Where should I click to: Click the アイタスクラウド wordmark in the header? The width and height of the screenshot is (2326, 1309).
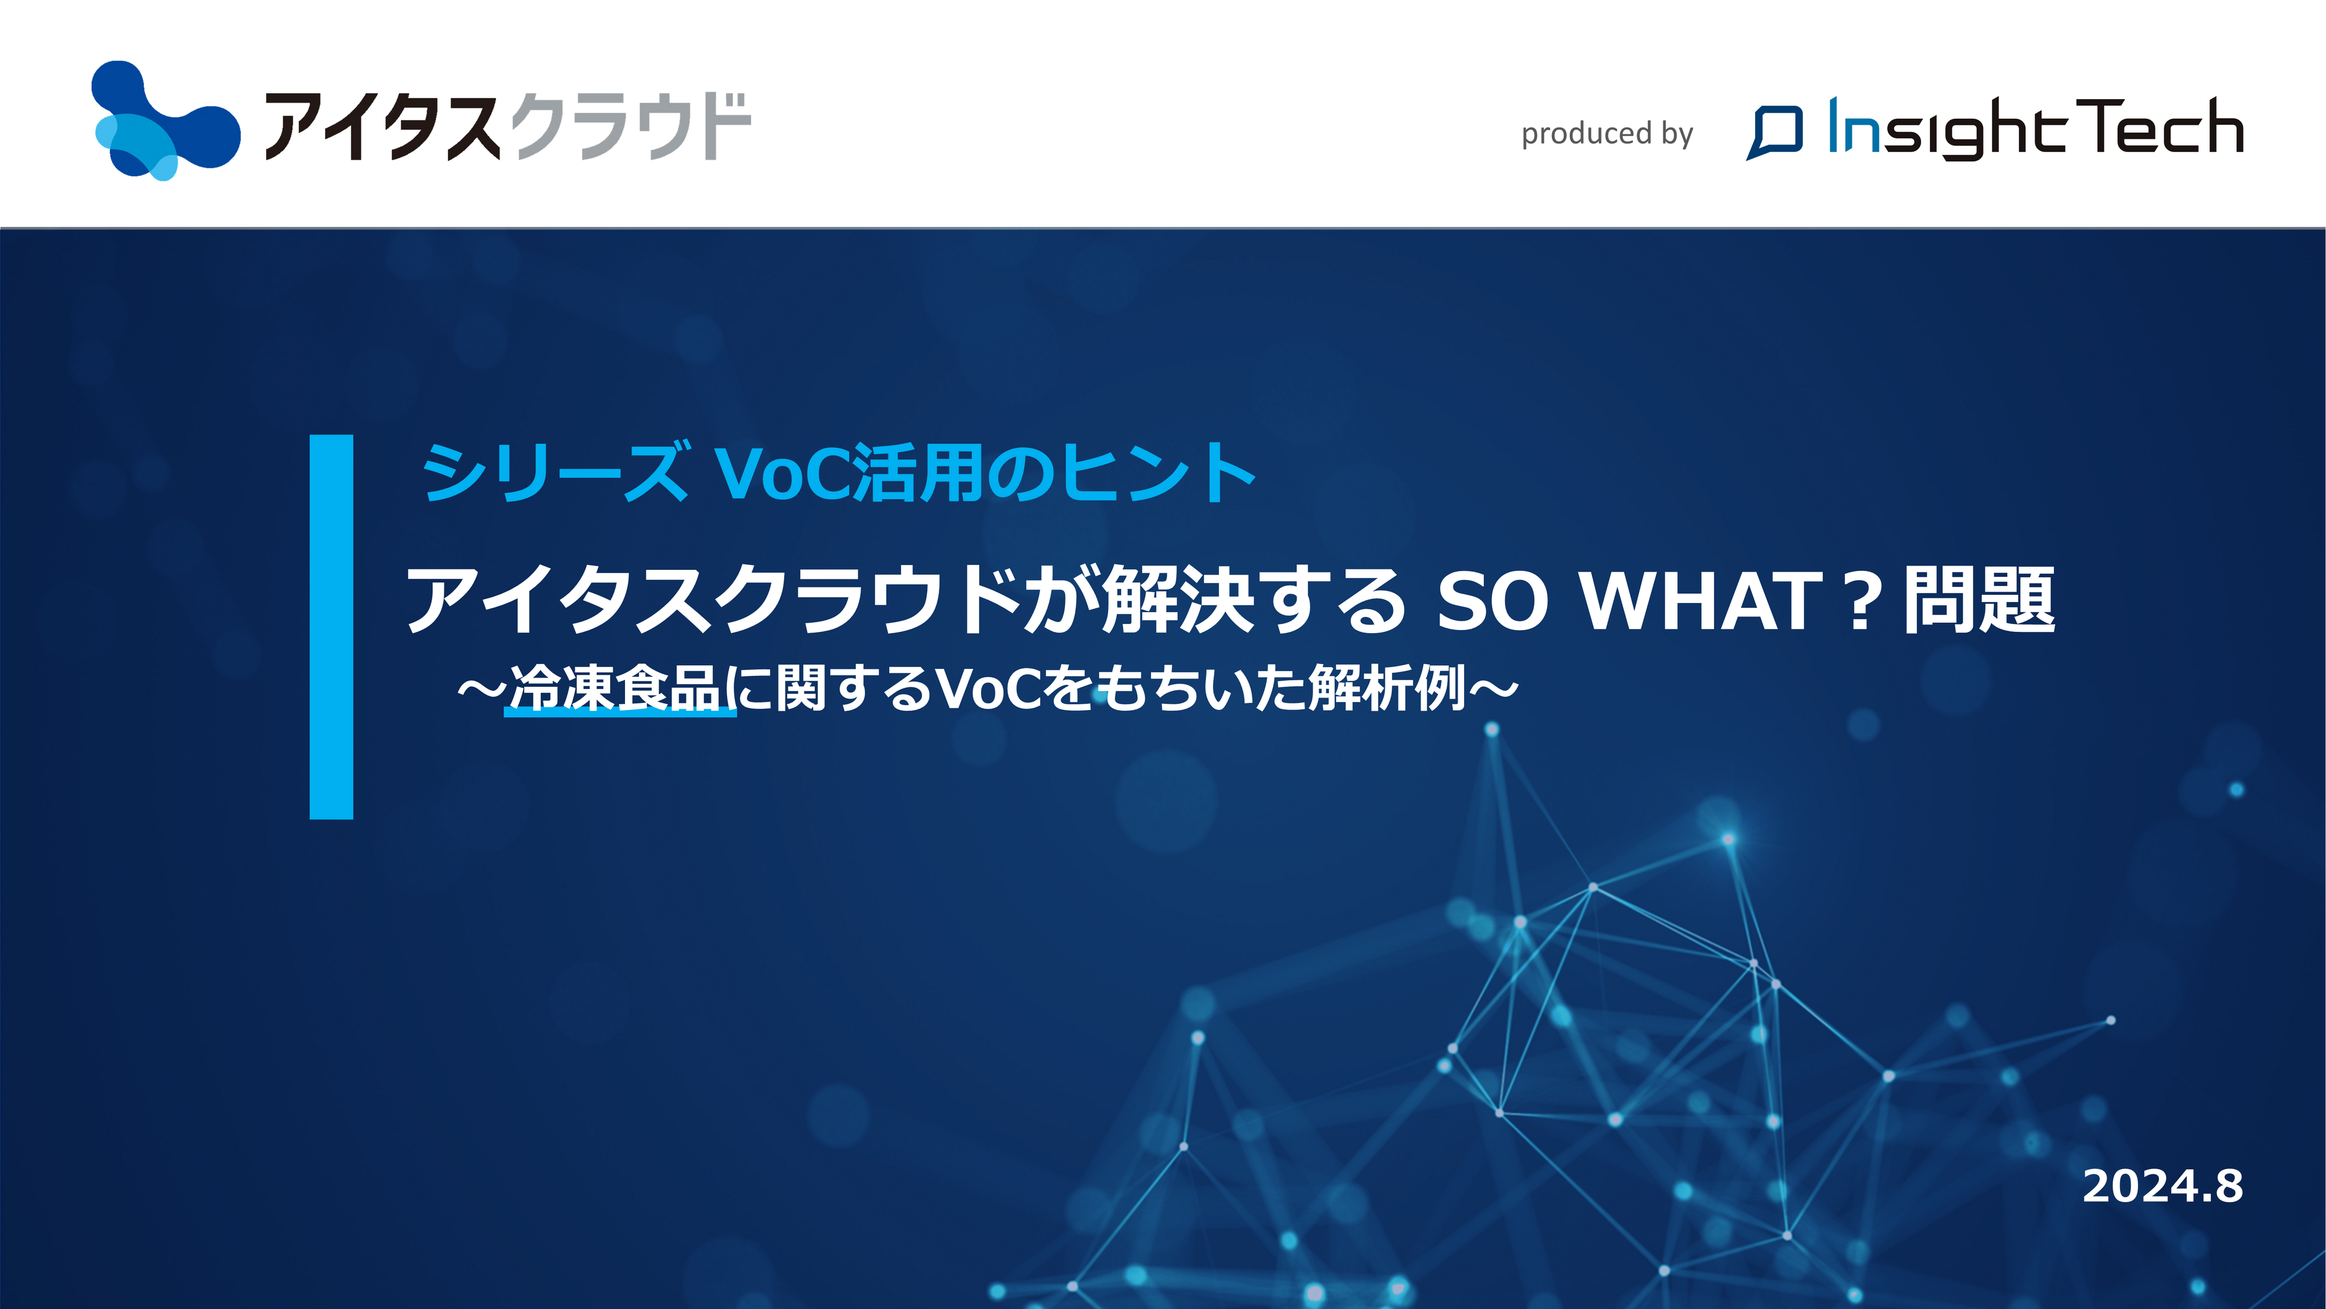point(508,126)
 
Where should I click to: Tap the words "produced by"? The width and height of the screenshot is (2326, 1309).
point(1607,134)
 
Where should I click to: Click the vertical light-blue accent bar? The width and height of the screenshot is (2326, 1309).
point(332,627)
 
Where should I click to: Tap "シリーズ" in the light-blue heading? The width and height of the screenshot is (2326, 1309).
point(555,471)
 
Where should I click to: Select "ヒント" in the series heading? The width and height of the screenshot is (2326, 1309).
point(1158,471)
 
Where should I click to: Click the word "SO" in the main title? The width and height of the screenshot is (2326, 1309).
point(1492,601)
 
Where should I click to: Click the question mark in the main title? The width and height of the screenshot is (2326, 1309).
point(1862,601)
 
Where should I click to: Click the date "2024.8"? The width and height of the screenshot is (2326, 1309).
point(2163,1186)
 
